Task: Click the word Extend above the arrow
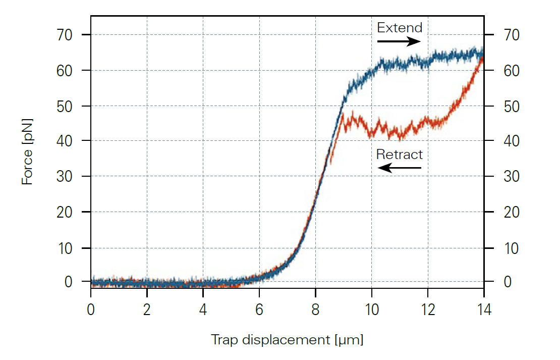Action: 400,27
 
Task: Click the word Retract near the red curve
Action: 400,154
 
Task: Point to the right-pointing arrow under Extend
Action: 399,41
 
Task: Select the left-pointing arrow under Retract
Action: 400,168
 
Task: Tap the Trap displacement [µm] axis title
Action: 287,340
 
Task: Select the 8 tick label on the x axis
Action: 315,309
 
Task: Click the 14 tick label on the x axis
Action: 484,309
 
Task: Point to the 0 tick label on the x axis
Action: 91,309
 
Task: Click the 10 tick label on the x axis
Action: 371,309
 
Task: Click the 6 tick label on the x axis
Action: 259,309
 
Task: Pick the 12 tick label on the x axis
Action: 428,309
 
